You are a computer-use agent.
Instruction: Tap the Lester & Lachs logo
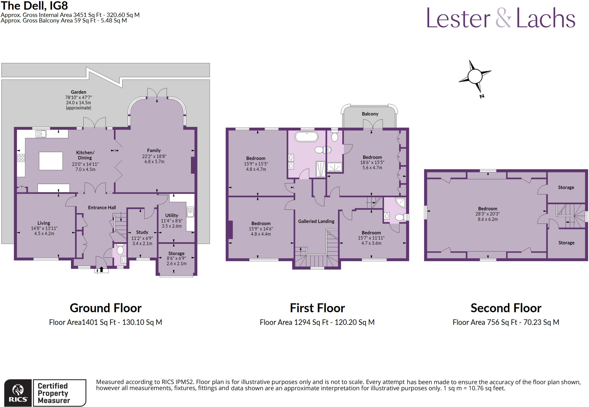point(501,18)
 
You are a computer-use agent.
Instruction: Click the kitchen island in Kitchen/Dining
point(51,161)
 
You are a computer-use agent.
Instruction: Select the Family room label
point(154,150)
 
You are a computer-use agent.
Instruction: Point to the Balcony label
point(370,114)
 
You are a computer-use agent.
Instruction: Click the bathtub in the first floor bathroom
point(307,137)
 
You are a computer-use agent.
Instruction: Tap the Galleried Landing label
point(316,221)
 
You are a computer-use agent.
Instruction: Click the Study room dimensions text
point(142,241)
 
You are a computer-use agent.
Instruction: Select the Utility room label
point(172,215)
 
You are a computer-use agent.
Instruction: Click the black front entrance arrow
point(101,270)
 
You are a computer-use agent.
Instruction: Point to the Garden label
point(79,92)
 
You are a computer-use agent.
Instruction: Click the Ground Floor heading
point(106,308)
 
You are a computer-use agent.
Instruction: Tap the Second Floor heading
point(506,308)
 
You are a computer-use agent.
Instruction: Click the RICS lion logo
point(18,391)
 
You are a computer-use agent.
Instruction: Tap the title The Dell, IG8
point(35,6)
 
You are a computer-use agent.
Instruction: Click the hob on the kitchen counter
point(21,158)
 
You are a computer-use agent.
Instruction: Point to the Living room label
point(44,223)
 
